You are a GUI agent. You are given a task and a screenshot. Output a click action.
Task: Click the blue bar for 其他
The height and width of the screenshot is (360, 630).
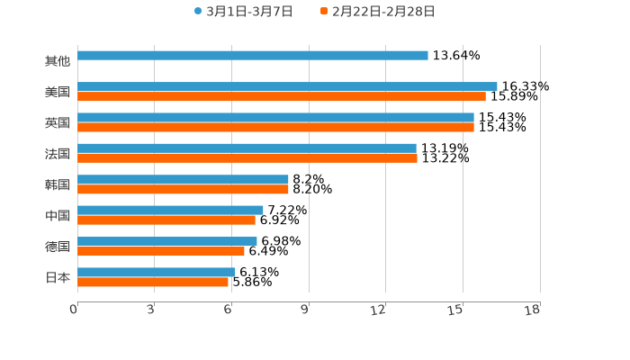point(252,56)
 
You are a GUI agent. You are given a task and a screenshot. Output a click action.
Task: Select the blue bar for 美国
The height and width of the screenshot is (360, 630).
point(287,86)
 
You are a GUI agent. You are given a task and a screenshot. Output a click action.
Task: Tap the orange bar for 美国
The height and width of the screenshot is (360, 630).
point(281,96)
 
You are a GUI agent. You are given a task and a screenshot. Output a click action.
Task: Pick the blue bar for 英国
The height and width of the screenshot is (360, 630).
point(275,117)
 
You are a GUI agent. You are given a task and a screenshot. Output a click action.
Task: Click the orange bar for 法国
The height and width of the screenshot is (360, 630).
point(247,157)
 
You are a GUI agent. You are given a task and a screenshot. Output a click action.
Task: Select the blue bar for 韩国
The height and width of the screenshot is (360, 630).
point(183,179)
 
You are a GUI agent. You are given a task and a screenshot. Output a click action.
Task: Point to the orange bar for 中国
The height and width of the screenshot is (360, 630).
point(166,220)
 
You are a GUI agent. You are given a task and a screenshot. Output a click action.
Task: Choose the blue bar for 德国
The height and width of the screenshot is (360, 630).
point(167,240)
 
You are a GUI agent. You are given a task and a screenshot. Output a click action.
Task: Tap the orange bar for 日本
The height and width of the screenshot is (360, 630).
point(153,282)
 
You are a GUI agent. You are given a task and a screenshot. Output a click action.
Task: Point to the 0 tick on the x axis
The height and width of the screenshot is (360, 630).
point(74,310)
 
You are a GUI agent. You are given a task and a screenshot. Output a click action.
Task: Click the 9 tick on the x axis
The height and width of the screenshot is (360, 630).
point(306,310)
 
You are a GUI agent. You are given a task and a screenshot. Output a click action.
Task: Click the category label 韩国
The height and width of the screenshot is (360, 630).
point(58,184)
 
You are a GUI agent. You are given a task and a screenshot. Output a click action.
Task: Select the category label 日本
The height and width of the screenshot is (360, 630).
point(58,277)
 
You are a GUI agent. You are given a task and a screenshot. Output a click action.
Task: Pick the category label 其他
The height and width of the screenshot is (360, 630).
point(58,61)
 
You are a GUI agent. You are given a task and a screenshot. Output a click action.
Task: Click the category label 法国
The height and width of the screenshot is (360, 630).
point(58,153)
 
